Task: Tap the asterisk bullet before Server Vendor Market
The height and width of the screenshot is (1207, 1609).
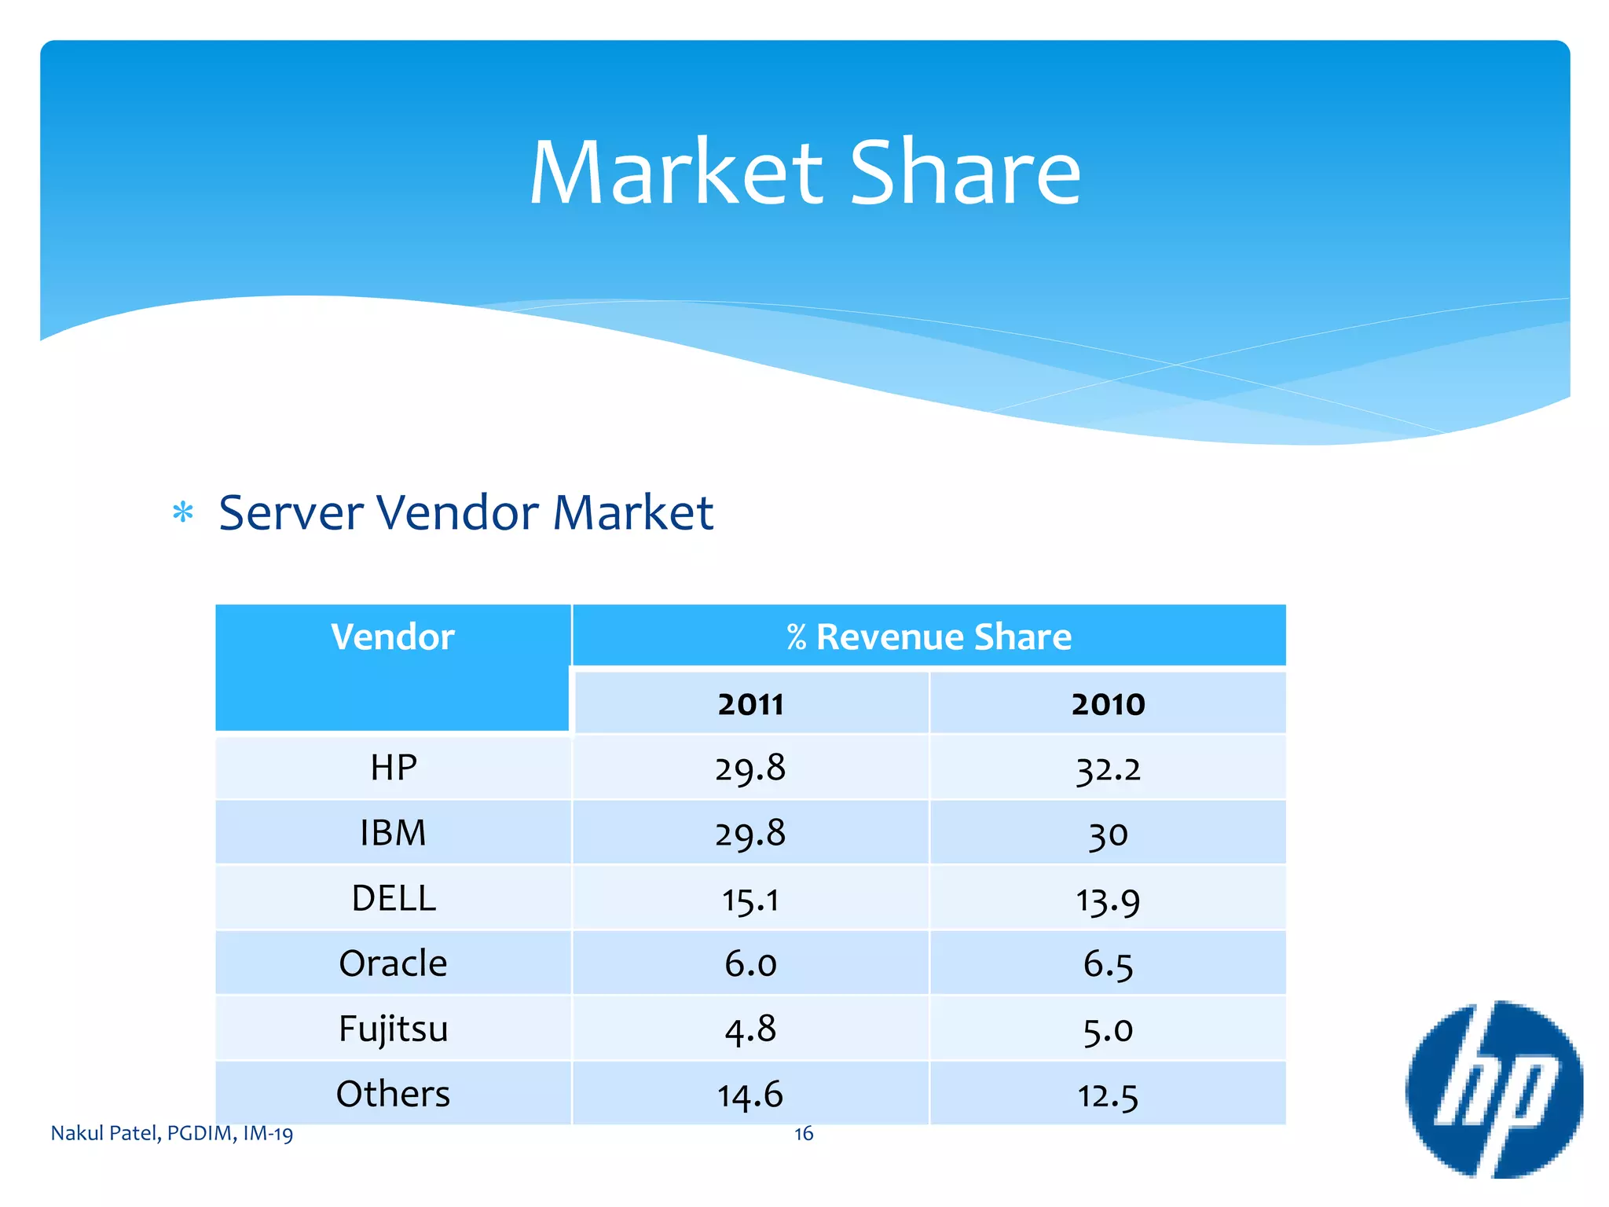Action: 183,513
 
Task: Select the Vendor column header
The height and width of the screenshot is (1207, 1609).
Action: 393,637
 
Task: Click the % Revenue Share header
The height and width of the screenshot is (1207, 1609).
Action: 929,637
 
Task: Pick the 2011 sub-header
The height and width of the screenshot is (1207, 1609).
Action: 750,704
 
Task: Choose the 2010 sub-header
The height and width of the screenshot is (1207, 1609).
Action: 1108,704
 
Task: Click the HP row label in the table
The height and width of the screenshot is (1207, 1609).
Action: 393,767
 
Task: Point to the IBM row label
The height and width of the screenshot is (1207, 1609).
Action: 393,833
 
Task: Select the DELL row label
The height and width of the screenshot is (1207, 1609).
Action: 393,898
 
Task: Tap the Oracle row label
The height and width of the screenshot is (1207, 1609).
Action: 393,963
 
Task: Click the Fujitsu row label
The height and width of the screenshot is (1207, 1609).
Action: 393,1029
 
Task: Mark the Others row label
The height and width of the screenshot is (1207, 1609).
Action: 393,1094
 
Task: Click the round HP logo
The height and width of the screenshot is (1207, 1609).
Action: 1494,1089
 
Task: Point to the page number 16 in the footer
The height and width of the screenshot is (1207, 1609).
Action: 804,1133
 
